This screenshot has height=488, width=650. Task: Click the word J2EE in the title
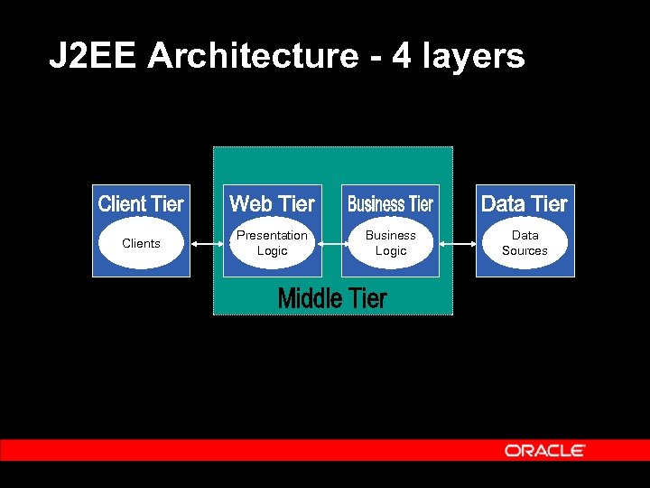[94, 56]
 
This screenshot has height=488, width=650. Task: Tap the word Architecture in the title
[253, 56]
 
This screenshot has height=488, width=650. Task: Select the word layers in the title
[469, 56]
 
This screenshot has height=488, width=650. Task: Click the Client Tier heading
[141, 204]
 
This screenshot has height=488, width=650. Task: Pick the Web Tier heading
[272, 204]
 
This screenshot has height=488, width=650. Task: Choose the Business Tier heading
[390, 204]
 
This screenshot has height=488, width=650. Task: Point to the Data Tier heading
[525, 204]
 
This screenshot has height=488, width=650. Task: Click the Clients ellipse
[141, 243]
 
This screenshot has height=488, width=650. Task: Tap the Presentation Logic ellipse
[272, 243]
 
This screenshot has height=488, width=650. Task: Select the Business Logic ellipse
[391, 243]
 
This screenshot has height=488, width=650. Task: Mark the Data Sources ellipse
[525, 243]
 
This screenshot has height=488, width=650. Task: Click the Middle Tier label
[332, 298]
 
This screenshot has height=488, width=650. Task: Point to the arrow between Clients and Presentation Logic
[206, 243]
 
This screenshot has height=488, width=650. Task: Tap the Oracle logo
[544, 450]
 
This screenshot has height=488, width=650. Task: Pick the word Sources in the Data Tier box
[525, 251]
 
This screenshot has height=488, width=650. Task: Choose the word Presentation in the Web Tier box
[272, 236]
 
